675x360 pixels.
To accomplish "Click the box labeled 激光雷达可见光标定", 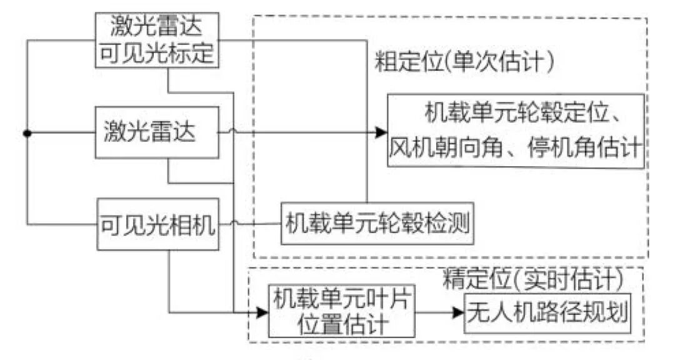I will pos(157,41).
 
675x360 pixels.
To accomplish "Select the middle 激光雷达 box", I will pos(157,132).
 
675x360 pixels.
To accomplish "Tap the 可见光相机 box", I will pos(157,224).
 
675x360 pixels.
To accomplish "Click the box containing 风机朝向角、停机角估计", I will pos(516,130).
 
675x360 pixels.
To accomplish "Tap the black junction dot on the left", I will pos(26,132).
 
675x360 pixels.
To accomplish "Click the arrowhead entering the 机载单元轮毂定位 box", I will pos(381,132).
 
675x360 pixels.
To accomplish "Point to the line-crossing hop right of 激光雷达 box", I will pos(233,132).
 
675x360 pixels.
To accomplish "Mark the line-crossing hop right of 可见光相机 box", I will pos(233,224).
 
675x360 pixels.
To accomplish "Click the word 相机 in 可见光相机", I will pos(193,224).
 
